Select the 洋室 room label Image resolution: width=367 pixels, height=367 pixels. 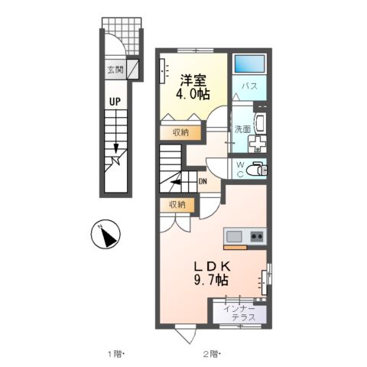193,79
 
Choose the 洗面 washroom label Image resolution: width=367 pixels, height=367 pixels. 242,129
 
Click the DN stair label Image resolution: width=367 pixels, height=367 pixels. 203,181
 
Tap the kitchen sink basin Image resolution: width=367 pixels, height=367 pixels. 234,235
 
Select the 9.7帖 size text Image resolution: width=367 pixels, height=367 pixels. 211,281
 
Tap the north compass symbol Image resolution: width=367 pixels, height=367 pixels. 107,235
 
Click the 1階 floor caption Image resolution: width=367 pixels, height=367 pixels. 115,353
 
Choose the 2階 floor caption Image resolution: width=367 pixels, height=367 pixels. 212,353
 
